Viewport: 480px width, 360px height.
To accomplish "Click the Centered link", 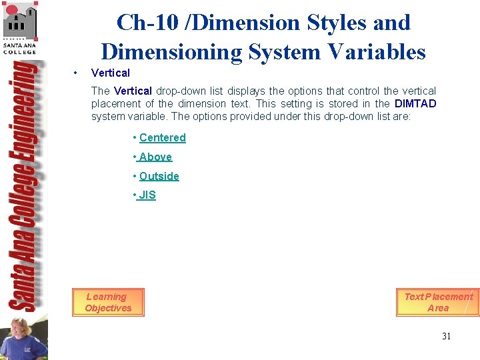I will tap(162, 138).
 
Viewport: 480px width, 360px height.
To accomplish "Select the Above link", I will tap(155, 157).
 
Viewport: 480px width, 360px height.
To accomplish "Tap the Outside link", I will tap(159, 177).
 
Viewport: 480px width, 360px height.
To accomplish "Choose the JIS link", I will tap(147, 195).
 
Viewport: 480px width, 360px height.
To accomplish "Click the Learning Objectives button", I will tap(108, 302).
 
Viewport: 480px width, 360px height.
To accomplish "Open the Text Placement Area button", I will tap(438, 302).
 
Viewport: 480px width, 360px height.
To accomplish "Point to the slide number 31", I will tap(446, 336).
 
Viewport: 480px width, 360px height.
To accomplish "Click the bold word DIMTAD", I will tap(415, 104).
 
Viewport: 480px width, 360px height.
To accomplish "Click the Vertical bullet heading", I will tap(110, 73).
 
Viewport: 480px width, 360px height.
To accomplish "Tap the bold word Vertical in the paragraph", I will tap(133, 91).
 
